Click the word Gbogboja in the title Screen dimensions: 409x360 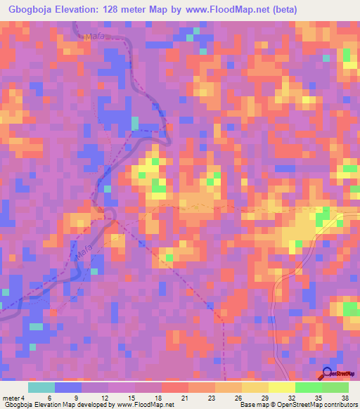pos(34,10)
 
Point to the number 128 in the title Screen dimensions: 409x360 pos(122,10)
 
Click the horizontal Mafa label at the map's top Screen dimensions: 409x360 pos(94,38)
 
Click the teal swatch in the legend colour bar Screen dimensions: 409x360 pos(41,387)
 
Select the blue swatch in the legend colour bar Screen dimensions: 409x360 pos(68,387)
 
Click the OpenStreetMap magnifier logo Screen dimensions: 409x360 pos(327,373)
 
